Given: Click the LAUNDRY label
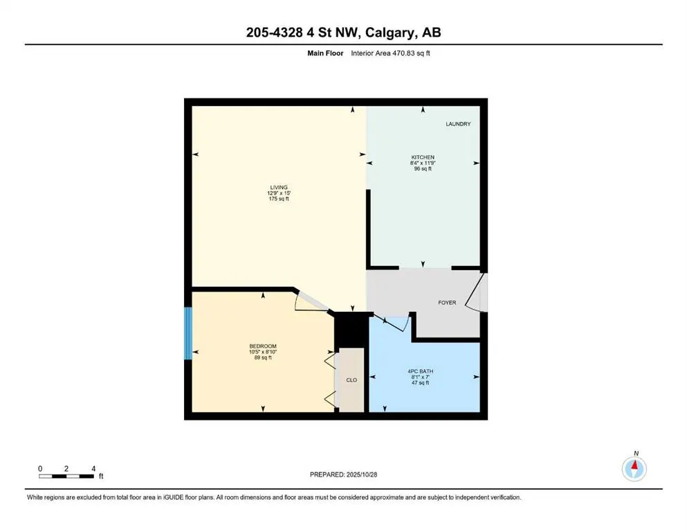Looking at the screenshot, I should [x=458, y=124].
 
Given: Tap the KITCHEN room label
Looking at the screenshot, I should [x=423, y=157].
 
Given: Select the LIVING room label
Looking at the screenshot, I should [x=278, y=187].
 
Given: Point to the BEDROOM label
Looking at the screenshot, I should [x=263, y=346].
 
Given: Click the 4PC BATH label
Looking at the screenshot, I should [x=423, y=371].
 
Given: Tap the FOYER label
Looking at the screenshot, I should [x=447, y=303].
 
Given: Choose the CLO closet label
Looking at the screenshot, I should [x=351, y=380].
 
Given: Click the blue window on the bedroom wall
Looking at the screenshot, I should [x=187, y=334].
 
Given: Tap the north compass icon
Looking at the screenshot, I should [x=634, y=469].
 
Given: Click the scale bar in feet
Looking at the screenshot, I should [x=66, y=476].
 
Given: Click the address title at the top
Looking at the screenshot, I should [x=343, y=33].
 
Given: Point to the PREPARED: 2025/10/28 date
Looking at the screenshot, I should [x=343, y=475].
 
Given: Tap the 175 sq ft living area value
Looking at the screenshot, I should [x=278, y=199].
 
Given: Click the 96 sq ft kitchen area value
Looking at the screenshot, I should [x=423, y=168].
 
